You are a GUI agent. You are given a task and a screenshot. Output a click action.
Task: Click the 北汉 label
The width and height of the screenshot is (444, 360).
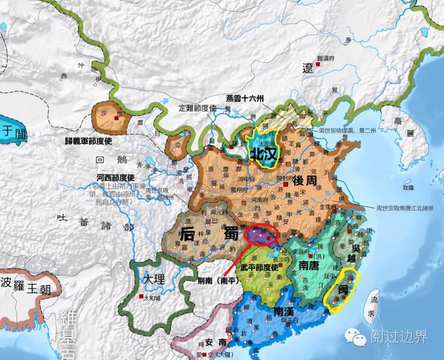pyautogui.click(x=264, y=151)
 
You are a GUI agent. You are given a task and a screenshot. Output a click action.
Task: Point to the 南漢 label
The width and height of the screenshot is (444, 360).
pyautogui.click(x=287, y=311)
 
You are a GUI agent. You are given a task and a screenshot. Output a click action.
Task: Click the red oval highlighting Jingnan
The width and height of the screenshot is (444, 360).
pyautogui.click(x=262, y=234)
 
